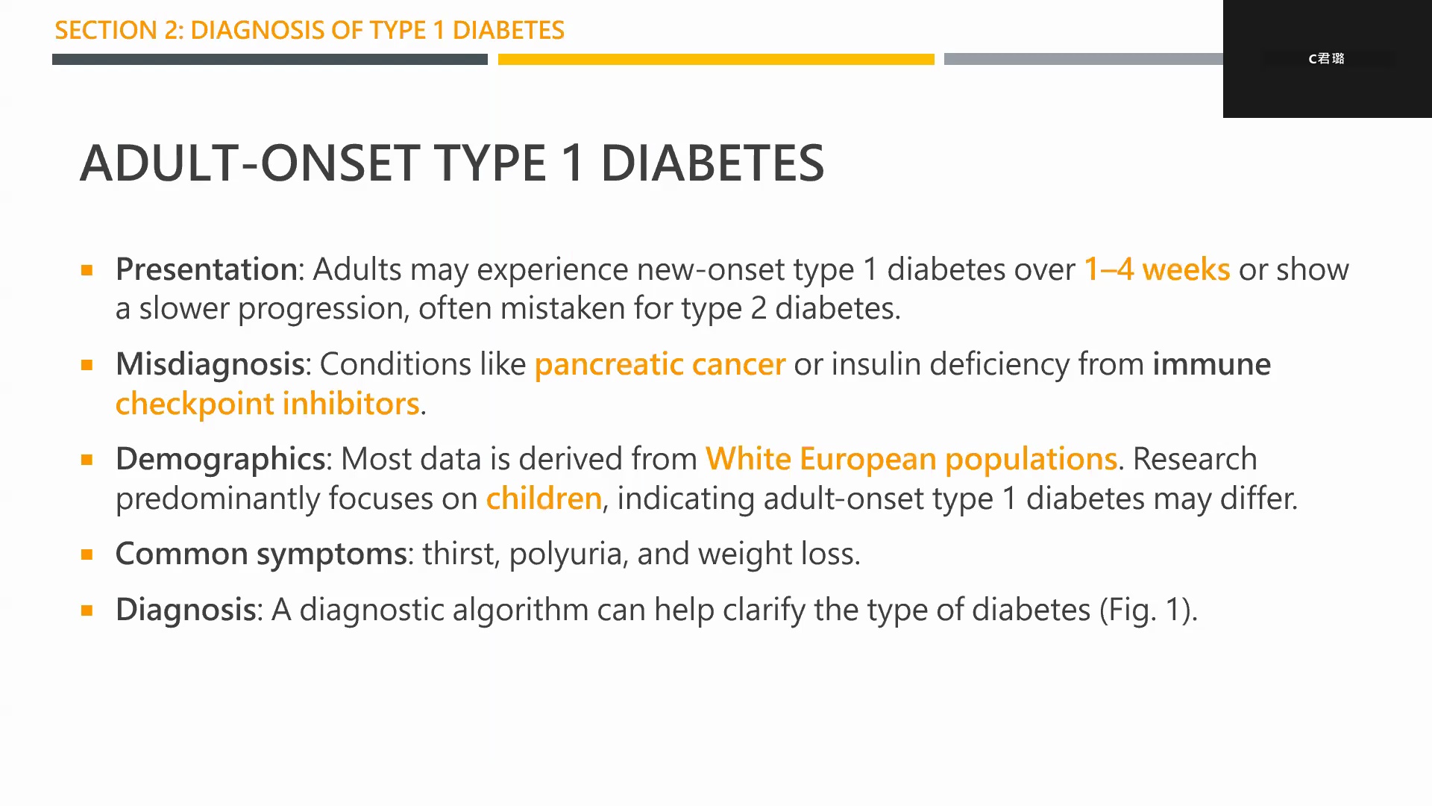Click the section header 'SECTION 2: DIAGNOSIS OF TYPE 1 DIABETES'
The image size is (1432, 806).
(310, 31)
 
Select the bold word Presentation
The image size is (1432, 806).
(207, 269)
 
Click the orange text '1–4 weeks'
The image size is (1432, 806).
(1157, 269)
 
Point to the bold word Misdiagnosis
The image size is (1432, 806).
(210, 364)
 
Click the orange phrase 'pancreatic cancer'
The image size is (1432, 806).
(660, 365)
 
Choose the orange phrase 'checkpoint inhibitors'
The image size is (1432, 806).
(268, 404)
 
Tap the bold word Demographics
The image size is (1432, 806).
(220, 459)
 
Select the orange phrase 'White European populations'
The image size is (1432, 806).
(911, 459)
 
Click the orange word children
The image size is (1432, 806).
(544, 498)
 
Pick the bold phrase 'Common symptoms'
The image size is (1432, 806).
(261, 554)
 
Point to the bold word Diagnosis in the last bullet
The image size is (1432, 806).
(186, 610)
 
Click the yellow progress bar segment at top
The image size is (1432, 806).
(716, 59)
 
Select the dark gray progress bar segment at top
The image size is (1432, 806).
(270, 59)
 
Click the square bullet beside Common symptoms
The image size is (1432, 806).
(87, 554)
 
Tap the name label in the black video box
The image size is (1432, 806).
(1326, 58)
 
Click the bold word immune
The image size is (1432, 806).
(1212, 364)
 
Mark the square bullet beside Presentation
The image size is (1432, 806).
(87, 270)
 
